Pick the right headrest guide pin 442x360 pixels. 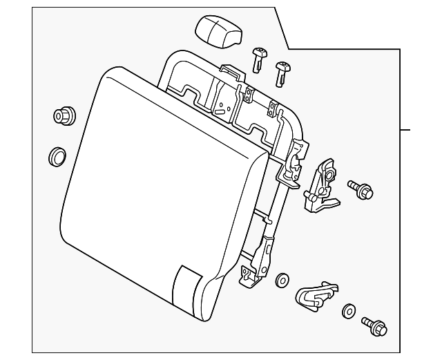point(282,71)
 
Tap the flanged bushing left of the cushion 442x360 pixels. point(62,115)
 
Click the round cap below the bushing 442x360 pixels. point(57,156)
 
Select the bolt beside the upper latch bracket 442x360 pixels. point(361,189)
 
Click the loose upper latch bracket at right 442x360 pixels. point(321,185)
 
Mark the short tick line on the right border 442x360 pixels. point(405,129)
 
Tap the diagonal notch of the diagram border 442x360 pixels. point(282,28)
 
